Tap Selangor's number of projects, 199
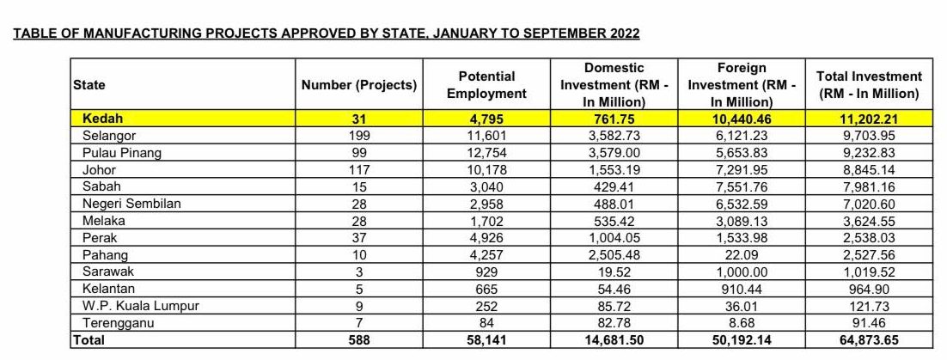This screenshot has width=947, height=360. coord(359,136)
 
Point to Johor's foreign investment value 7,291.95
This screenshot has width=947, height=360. coord(741,169)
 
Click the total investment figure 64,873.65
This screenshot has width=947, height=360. coord(868,339)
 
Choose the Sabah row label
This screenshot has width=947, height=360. coord(102,186)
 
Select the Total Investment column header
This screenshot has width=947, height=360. coord(869,85)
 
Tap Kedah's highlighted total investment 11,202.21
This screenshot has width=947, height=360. coord(868,119)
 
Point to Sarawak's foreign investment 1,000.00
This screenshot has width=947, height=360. coord(741,272)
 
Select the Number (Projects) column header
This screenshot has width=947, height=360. coord(359,85)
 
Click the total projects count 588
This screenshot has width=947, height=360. coord(359,339)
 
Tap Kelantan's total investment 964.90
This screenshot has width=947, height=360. coord(868,288)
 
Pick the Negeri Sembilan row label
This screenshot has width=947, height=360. coord(125,204)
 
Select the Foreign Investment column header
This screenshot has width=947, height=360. coord(742,85)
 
